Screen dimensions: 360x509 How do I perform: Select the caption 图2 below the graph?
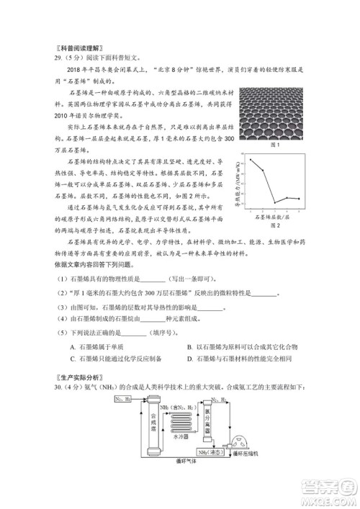coord(274,225)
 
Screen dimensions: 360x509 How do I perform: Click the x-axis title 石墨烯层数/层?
coord(274,216)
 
